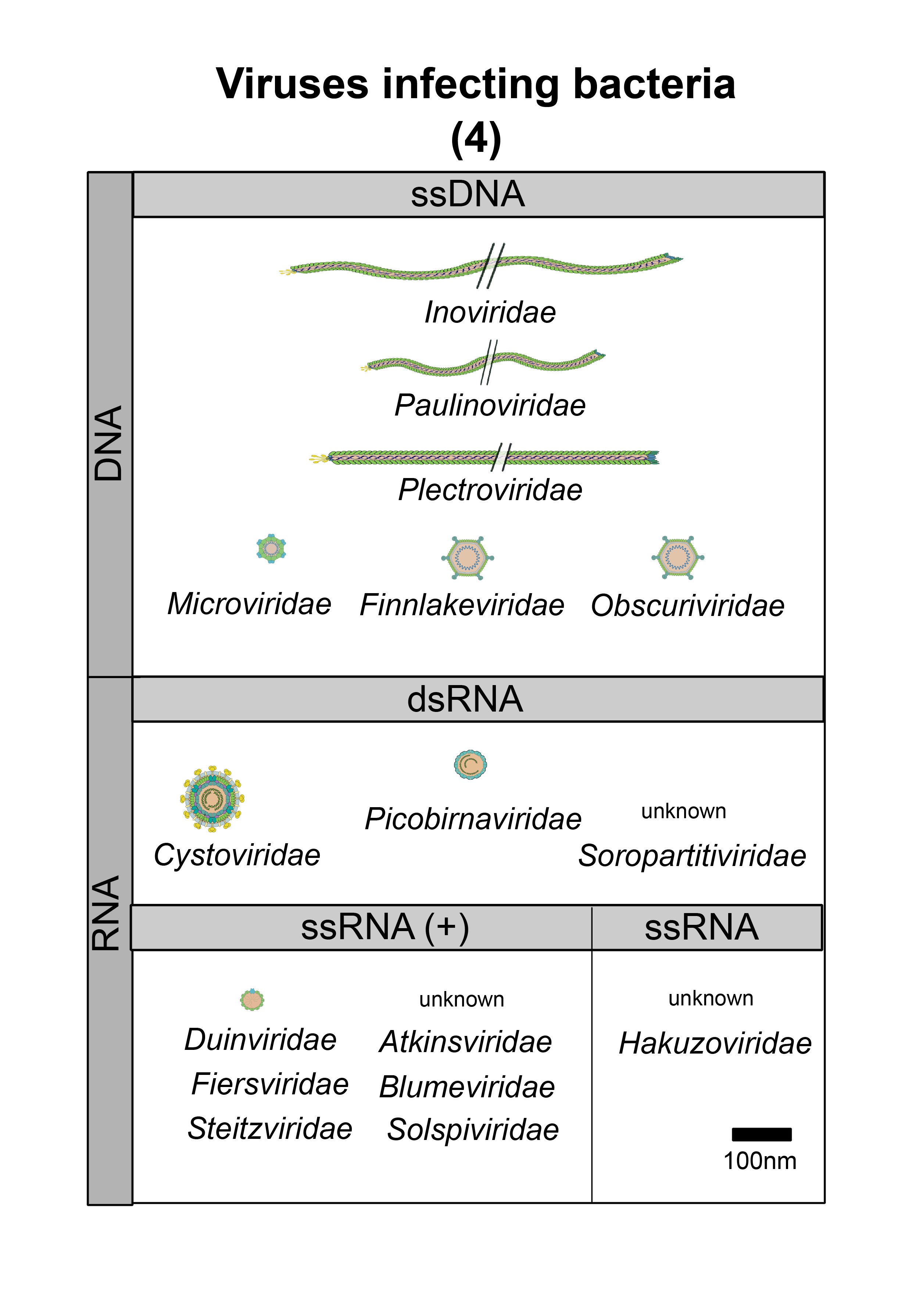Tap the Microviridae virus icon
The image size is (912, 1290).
(271, 548)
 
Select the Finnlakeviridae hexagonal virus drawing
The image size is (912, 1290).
(467, 558)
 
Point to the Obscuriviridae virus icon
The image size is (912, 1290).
(678, 557)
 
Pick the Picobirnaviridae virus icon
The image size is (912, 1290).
(471, 765)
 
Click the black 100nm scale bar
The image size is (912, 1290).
(762, 1134)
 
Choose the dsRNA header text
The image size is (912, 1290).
(465, 699)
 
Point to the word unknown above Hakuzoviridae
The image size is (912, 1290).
(711, 998)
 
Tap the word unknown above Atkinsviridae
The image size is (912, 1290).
(462, 999)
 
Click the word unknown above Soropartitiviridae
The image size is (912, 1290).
(683, 811)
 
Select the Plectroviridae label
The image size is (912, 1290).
(490, 490)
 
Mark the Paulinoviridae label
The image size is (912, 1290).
(490, 405)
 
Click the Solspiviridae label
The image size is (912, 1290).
(473, 1130)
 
